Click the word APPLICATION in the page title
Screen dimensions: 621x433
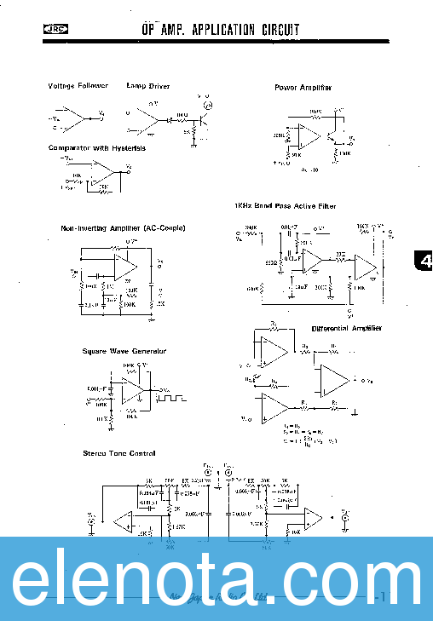218,31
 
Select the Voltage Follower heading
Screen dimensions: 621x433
78,86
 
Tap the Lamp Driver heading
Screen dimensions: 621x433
148,86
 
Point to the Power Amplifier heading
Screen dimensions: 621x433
303,88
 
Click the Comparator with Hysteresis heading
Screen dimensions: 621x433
97,147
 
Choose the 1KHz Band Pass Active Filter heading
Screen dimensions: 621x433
285,206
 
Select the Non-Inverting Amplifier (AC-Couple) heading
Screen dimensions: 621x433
123,227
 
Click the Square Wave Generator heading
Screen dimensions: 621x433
124,351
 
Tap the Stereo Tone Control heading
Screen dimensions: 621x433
118,453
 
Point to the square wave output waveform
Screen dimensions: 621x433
175,396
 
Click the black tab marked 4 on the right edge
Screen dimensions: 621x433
424,262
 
